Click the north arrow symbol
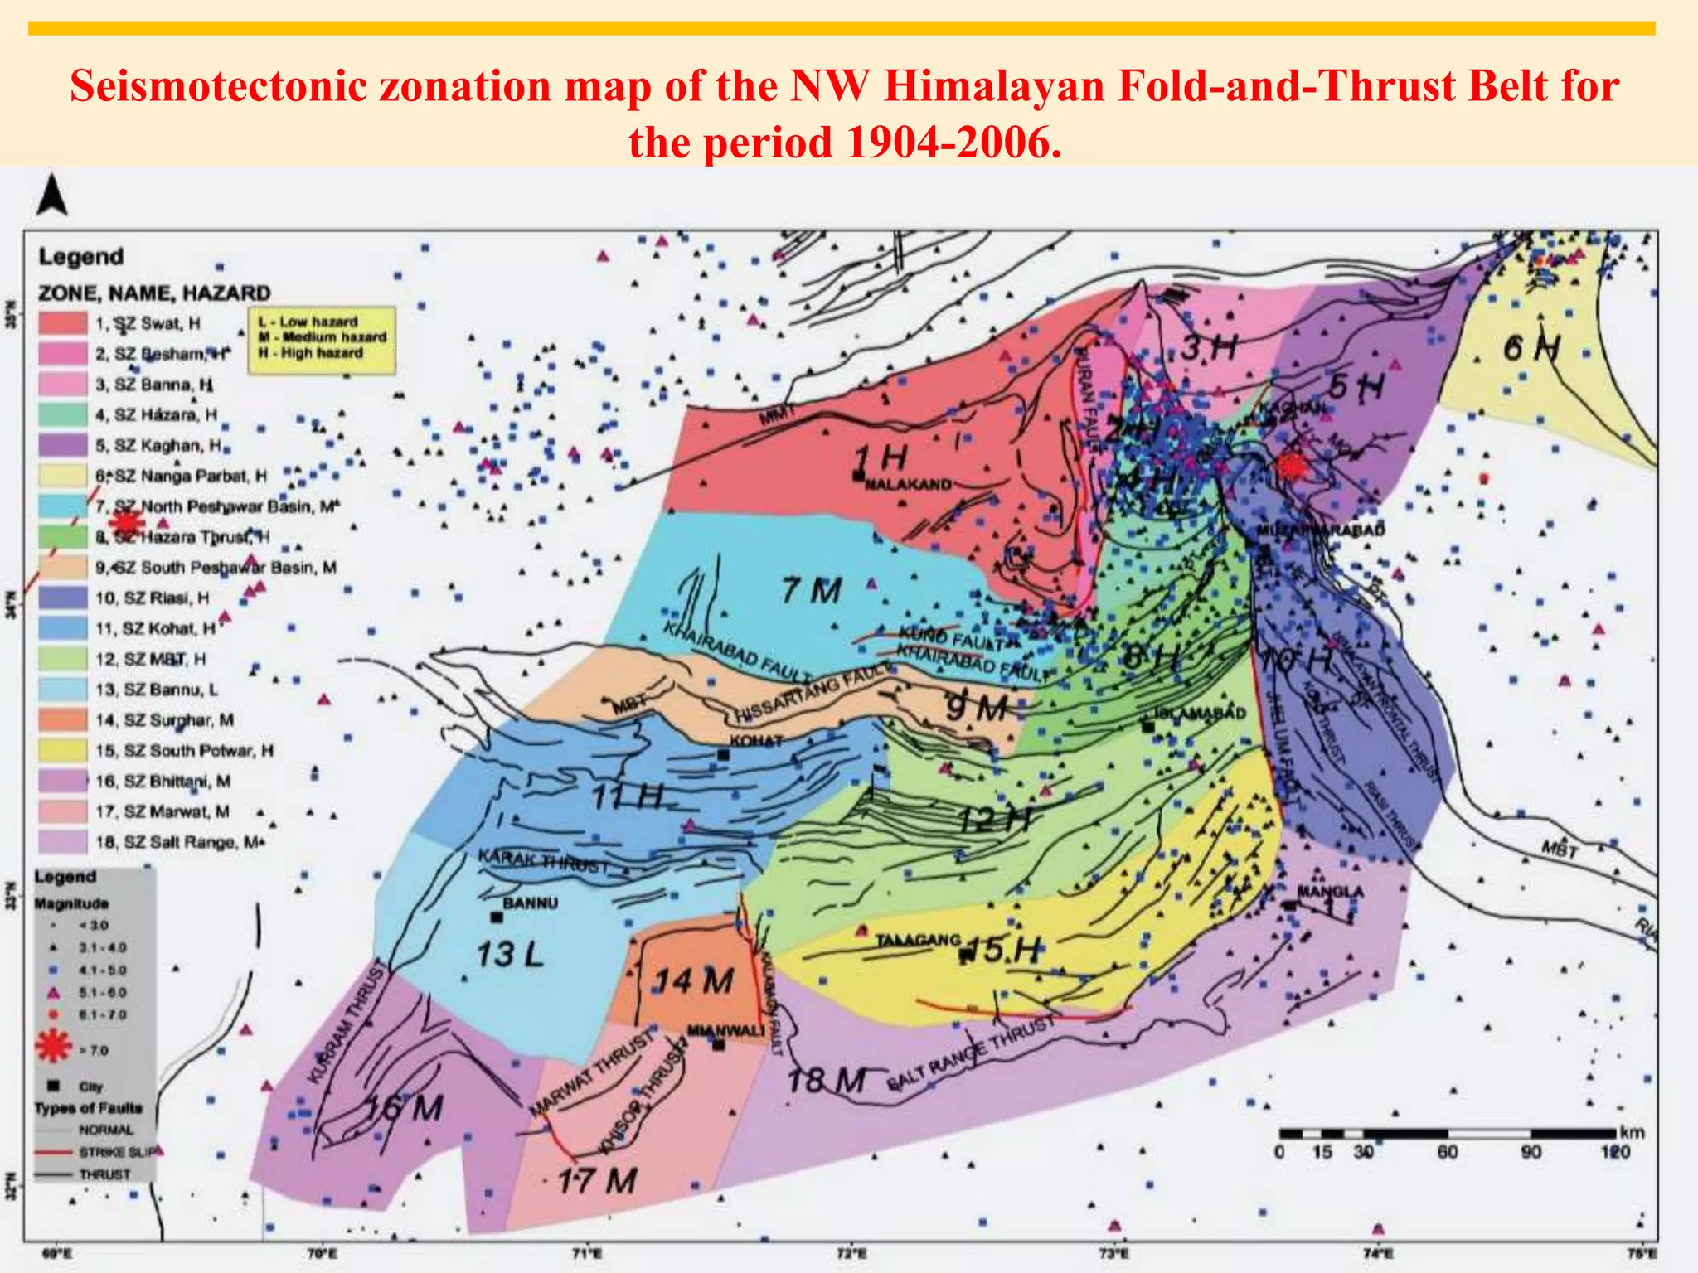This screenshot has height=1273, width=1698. (51, 196)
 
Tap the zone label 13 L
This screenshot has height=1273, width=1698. (509, 955)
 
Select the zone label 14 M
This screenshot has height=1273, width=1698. (694, 981)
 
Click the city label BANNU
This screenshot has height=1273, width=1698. (531, 903)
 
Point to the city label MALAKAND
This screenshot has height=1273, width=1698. (908, 485)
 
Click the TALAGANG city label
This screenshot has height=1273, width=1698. (918, 941)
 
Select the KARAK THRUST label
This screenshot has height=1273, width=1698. (544, 862)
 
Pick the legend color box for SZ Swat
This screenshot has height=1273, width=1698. (63, 323)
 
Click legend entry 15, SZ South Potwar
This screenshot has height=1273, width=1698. (183, 751)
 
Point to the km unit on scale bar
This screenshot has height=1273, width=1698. (1632, 1132)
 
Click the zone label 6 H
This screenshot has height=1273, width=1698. (1532, 349)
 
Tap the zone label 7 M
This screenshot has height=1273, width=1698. (811, 591)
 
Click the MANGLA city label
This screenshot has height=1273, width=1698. (1331, 892)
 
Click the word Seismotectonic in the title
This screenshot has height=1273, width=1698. (219, 86)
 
